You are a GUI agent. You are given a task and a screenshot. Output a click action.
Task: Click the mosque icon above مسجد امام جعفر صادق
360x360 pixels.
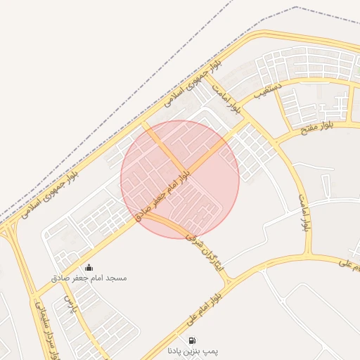pyautogui.click(x=89, y=267)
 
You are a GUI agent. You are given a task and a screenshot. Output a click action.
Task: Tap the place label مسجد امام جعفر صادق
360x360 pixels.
pyautogui.click(x=89, y=278)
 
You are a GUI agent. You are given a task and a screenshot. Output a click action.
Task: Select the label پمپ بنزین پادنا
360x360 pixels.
pyautogui.click(x=193, y=349)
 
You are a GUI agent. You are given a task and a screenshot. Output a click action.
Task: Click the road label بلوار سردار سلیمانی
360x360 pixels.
pyautogui.click(x=44, y=330)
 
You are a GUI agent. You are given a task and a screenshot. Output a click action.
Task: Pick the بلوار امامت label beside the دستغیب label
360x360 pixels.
pyautogui.click(x=229, y=98)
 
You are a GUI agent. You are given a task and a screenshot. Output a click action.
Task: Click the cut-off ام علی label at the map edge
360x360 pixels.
pyautogui.click(x=350, y=265)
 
